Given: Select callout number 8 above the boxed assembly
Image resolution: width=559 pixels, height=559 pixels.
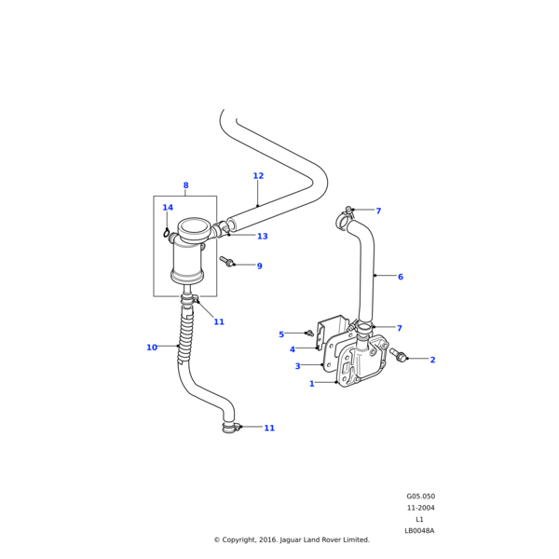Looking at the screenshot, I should [x=185, y=185].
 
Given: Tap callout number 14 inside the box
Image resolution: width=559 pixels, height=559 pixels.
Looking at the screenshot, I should [x=168, y=208].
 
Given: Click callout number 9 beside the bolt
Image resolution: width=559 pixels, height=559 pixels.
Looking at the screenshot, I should [x=259, y=266].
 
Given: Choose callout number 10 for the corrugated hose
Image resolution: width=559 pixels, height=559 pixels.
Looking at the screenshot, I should [x=152, y=348].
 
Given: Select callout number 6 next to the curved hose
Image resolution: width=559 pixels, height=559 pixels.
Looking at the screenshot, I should [x=400, y=277].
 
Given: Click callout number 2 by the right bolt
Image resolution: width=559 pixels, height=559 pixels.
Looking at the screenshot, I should [x=432, y=360].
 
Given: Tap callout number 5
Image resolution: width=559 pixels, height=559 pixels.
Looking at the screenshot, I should [x=281, y=334].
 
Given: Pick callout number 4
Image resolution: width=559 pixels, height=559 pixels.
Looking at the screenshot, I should [x=292, y=349].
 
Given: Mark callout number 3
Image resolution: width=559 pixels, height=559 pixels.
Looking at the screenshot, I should [x=297, y=366].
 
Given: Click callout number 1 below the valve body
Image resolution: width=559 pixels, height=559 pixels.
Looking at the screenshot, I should [x=311, y=383].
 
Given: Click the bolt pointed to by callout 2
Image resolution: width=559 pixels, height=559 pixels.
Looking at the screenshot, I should [x=399, y=355].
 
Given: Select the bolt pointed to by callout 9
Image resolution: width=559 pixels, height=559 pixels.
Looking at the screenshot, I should [x=225, y=262].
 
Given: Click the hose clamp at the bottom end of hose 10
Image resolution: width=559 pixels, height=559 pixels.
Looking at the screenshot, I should [x=230, y=427].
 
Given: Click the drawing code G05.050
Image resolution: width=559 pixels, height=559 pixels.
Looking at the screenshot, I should [x=420, y=497].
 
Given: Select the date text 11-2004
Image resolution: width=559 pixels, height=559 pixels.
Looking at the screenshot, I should [x=420, y=508].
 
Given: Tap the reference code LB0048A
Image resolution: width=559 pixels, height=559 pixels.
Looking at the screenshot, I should [x=419, y=530].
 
